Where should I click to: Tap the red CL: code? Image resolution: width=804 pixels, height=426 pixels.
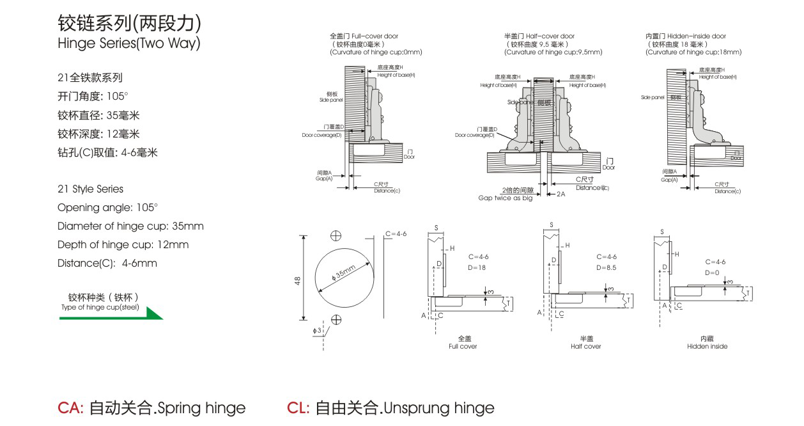298,408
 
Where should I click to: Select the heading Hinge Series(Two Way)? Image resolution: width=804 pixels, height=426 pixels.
128,43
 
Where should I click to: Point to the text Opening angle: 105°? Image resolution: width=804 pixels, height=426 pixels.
107,207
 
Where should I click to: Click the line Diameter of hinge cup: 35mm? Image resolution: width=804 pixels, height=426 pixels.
130,226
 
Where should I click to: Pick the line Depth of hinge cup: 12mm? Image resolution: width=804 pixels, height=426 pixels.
123,244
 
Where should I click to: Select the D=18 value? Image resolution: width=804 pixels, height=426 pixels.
477,267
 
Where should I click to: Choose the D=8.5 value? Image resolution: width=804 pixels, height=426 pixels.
606,267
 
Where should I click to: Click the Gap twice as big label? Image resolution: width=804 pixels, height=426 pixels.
505,198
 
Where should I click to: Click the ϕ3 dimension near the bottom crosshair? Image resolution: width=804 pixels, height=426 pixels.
318,331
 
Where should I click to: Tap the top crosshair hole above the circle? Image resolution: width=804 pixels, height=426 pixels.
337,235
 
